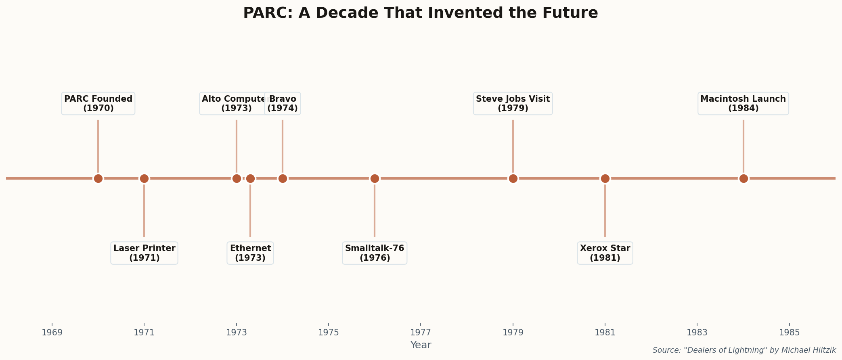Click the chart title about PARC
[420, 13]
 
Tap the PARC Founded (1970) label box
[98, 104]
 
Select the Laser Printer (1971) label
[144, 253]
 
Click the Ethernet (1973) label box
[250, 253]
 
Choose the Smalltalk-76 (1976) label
[375, 253]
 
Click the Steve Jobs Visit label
[513, 104]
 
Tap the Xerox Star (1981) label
[605, 253]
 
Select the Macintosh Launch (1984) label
[743, 104]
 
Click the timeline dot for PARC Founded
[98, 178]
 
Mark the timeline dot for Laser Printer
[144, 178]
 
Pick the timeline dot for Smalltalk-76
[375, 178]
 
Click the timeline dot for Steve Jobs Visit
[513, 178]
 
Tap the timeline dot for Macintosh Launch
[743, 178]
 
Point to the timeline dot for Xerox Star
[605, 178]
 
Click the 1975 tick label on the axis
[329, 333]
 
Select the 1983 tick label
[697, 333]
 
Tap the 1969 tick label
[52, 333]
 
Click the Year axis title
[421, 345]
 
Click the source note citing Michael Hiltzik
[744, 350]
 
